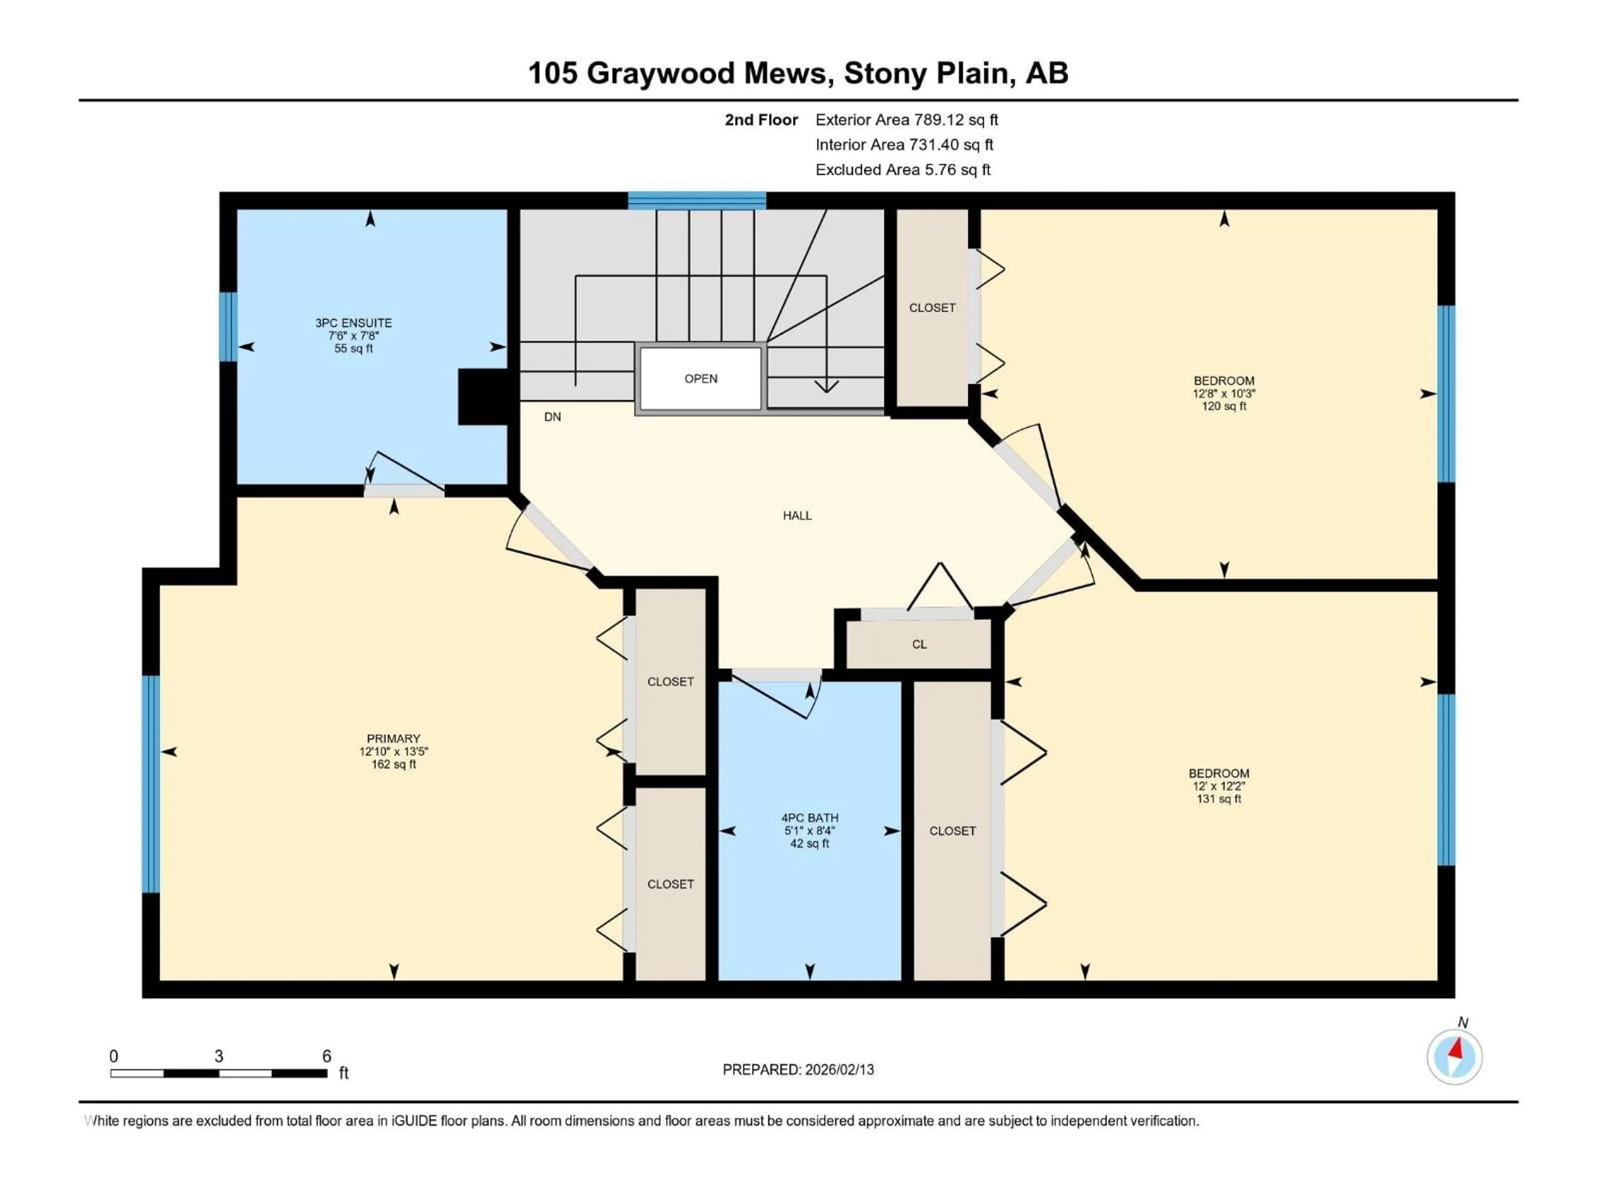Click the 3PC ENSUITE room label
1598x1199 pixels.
tap(353, 323)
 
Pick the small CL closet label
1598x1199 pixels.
tap(919, 644)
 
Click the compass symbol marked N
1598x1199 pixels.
tap(1454, 1057)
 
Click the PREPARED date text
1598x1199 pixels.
tap(798, 1070)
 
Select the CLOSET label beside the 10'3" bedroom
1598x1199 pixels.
tap(932, 308)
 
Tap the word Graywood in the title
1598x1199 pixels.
tap(706, 73)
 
